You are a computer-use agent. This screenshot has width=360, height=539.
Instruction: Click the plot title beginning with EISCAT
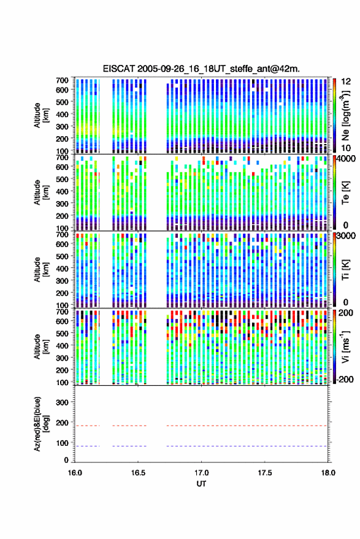(201, 69)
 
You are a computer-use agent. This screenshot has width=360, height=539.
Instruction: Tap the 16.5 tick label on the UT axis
(138, 473)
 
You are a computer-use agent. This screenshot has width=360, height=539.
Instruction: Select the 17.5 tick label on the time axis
(264, 473)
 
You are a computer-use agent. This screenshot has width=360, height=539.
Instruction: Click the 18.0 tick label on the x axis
(328, 473)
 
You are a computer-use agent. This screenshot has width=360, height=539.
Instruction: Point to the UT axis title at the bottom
(201, 484)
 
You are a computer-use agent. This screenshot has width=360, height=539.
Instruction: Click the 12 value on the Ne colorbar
(346, 82)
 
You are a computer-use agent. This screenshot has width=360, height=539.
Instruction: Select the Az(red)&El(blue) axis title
(41, 424)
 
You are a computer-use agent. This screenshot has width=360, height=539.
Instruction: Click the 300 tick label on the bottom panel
(62, 402)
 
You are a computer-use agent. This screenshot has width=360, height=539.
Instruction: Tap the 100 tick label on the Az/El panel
(62, 443)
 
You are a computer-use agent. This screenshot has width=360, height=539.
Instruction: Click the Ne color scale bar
(334, 115)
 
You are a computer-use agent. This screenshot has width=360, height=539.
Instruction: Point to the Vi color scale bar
(334, 346)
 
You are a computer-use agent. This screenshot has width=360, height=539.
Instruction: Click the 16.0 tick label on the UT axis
(75, 473)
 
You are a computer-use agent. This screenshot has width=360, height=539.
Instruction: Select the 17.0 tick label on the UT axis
(201, 473)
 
